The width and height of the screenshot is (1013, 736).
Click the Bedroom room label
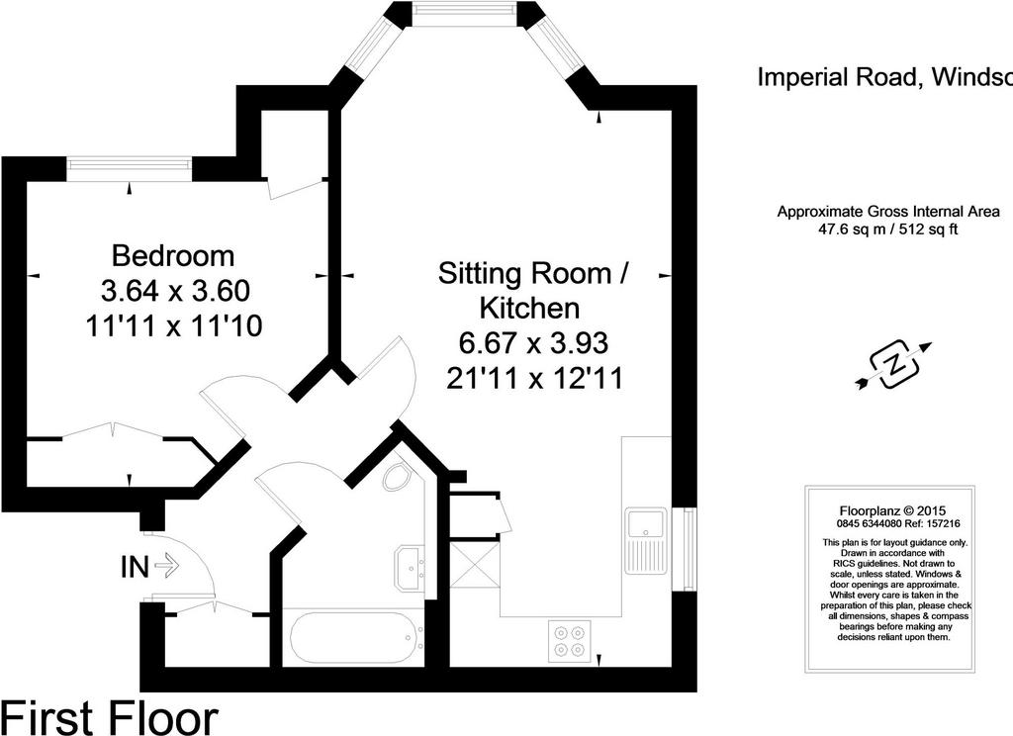point(172,256)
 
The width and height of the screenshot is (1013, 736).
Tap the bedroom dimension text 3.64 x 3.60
point(175,291)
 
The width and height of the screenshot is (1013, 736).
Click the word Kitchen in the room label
point(529,309)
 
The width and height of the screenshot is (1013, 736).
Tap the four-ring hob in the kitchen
point(569,640)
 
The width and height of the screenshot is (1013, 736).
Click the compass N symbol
point(894,366)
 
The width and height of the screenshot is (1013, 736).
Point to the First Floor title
point(110,717)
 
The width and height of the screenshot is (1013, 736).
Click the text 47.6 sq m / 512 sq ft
point(887,229)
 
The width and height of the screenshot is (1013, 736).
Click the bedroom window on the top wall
point(130,169)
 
